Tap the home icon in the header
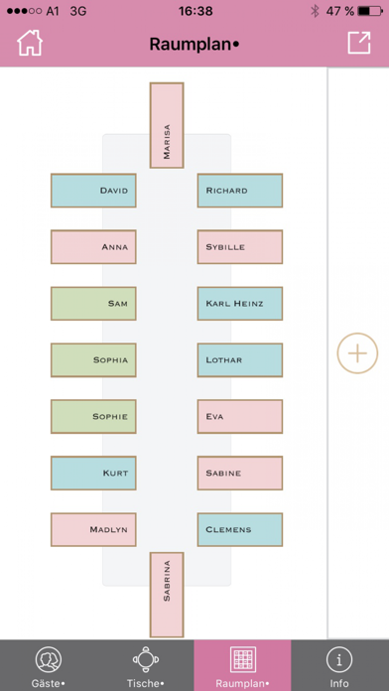(x=30, y=43)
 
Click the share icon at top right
(x=358, y=43)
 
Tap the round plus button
(x=357, y=352)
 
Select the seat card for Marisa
(x=167, y=123)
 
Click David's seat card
(x=93, y=190)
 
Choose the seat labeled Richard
(x=239, y=190)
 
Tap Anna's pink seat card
(x=93, y=246)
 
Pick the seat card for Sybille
(x=239, y=246)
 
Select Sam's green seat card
(x=93, y=303)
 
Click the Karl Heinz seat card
(x=239, y=303)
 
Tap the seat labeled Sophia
(x=93, y=359)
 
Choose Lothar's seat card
(x=239, y=359)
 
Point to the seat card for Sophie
(x=93, y=416)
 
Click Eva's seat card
(x=239, y=416)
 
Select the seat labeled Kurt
(x=93, y=473)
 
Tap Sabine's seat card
(x=239, y=473)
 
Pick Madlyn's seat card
(x=93, y=529)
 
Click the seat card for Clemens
(x=239, y=529)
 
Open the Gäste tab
(x=49, y=665)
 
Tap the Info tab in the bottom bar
(x=340, y=665)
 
